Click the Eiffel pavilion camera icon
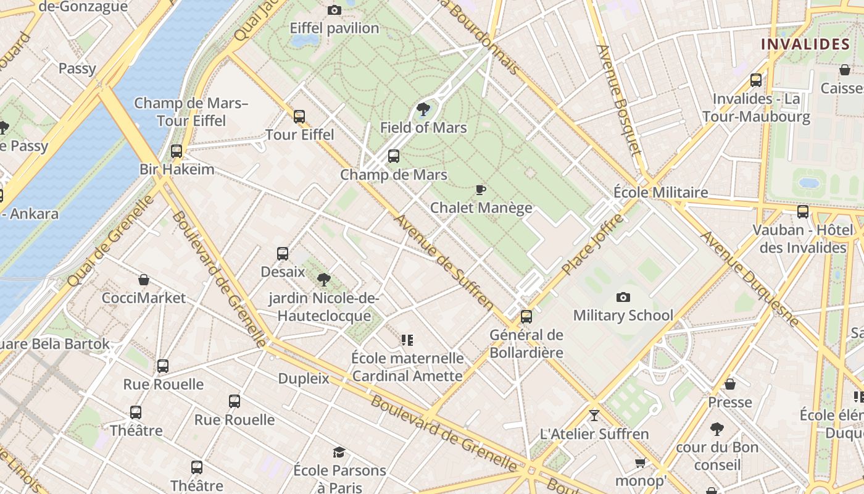tap(334, 10)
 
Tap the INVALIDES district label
tap(805, 44)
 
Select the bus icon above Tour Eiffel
tap(299, 116)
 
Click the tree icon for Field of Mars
tap(423, 109)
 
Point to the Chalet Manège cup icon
tap(481, 190)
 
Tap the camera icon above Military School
tap(623, 297)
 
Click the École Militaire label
tap(660, 192)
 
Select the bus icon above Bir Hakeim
tap(177, 151)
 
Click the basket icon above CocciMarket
tap(144, 280)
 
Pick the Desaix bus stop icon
tap(283, 253)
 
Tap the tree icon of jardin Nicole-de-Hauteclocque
tap(323, 280)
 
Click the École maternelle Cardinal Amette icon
tap(407, 340)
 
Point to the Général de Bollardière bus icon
tap(526, 317)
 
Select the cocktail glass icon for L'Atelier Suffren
tap(594, 416)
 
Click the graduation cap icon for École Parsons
tap(339, 452)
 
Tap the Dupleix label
tap(304, 378)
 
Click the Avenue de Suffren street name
tap(444, 262)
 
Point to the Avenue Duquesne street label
tap(749, 278)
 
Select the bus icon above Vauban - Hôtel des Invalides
tap(803, 212)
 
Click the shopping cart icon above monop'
tap(641, 463)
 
